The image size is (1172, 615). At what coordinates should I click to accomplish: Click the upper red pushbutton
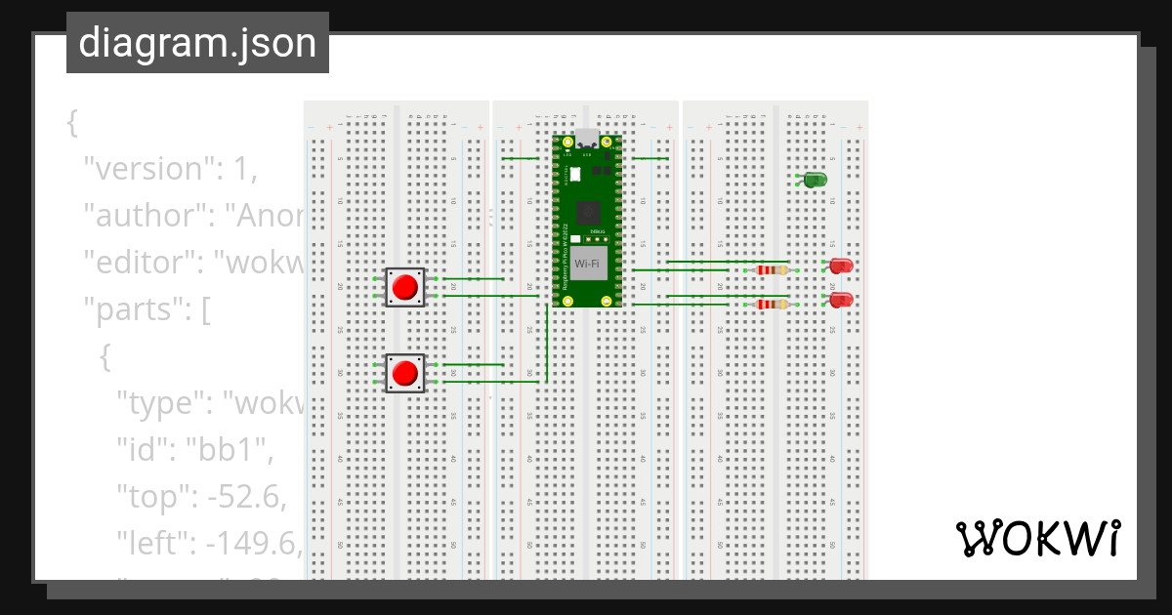(x=404, y=287)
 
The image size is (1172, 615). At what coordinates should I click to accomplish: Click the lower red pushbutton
(x=404, y=373)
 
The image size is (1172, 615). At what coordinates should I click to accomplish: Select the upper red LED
(x=841, y=266)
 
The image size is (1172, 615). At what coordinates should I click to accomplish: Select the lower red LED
(x=841, y=300)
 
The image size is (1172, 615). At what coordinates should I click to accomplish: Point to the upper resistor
(x=773, y=270)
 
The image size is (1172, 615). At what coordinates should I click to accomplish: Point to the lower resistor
(x=773, y=305)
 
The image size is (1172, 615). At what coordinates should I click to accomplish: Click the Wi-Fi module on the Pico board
(x=587, y=264)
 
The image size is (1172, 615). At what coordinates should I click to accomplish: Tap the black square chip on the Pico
(x=588, y=212)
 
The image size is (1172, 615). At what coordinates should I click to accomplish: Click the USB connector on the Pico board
(x=587, y=140)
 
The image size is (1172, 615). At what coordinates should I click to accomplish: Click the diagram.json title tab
(x=197, y=43)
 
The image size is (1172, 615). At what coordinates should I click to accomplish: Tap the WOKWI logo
(x=1037, y=539)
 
